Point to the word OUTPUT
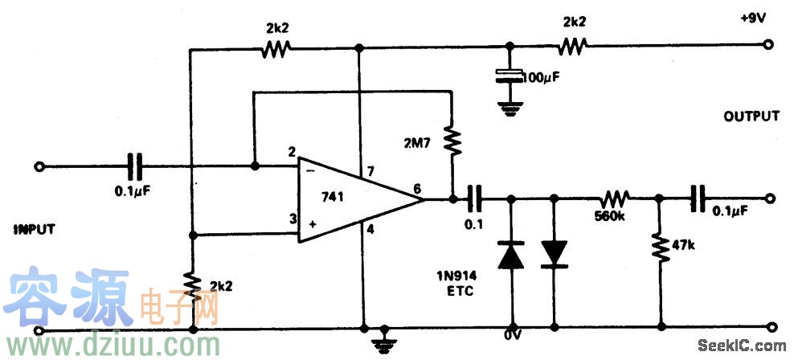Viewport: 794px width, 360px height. pos(751,117)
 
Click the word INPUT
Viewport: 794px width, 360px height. pos(34,229)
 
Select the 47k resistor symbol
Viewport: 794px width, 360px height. pos(660,249)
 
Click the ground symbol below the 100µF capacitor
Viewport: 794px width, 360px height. pos(508,108)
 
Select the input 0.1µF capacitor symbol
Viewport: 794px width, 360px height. pos(137,167)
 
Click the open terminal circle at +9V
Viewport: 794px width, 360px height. pos(770,47)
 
